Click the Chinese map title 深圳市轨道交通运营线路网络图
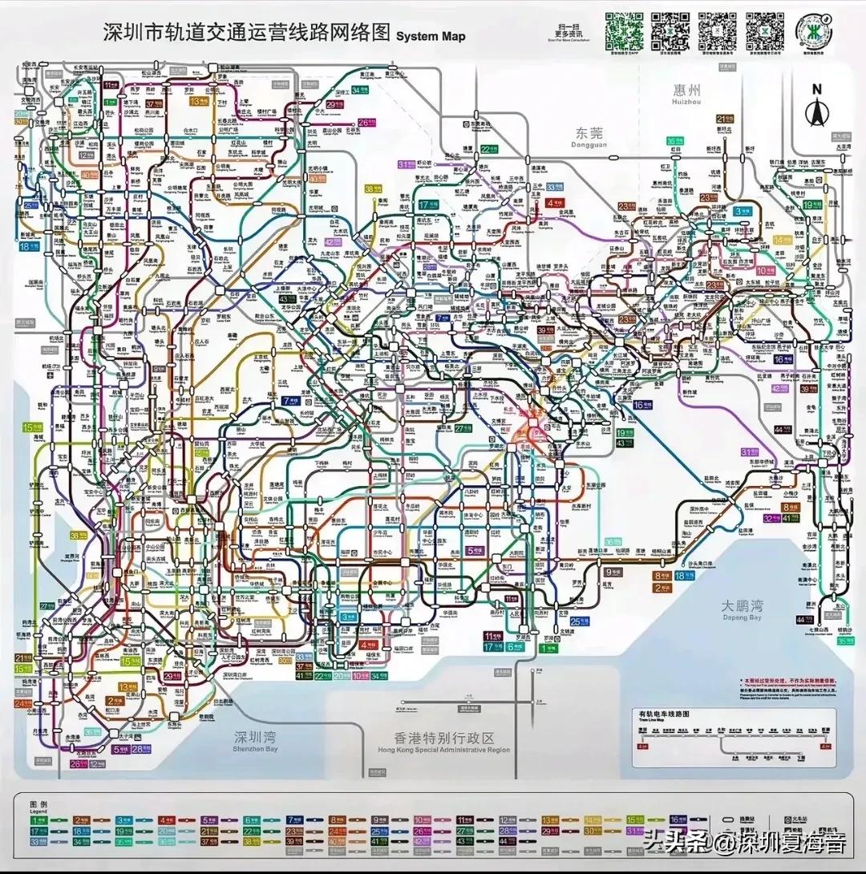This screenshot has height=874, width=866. pyautogui.click(x=246, y=32)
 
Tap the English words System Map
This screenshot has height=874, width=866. pyautogui.click(x=431, y=36)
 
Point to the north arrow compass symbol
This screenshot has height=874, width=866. pyautogui.click(x=816, y=107)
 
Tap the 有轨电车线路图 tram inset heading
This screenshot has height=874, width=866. pyautogui.click(x=663, y=713)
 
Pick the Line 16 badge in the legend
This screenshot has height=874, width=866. pyautogui.click(x=678, y=819)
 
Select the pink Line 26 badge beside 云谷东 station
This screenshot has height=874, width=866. pyautogui.click(x=367, y=123)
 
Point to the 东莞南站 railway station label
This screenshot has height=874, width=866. pyautogui.click(x=480, y=125)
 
